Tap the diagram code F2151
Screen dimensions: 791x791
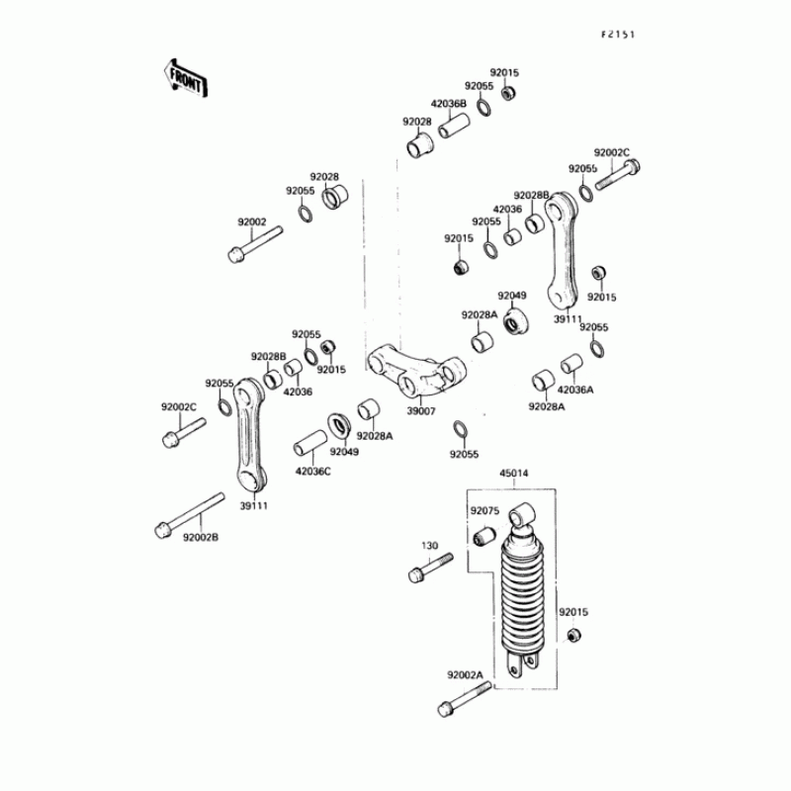(617, 33)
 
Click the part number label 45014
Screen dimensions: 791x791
(514, 473)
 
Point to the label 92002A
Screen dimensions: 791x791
(464, 675)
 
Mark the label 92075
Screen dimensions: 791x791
(484, 511)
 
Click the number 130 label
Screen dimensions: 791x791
(429, 546)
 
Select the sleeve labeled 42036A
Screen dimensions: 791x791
(572, 365)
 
